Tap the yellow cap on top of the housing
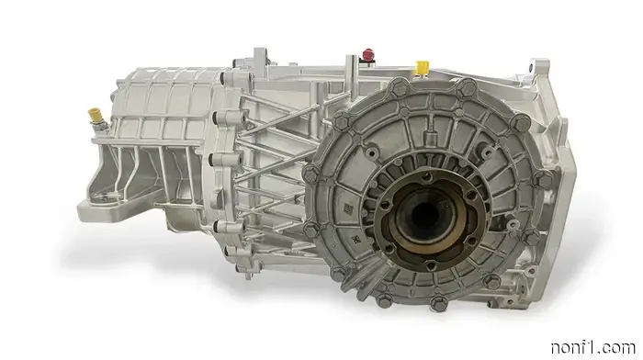coord(423,67)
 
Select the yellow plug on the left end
coord(94,117)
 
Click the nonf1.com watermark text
coord(595,346)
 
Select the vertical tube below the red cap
coord(350,78)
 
